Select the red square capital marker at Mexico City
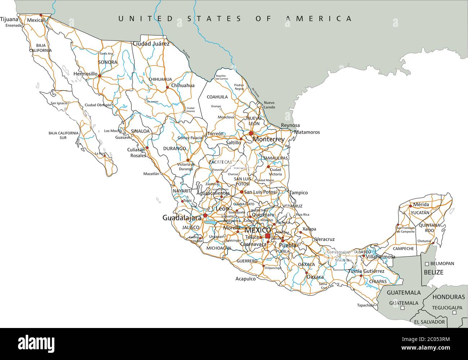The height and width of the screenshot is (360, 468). click(x=267, y=236)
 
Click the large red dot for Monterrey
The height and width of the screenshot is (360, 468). click(x=251, y=133)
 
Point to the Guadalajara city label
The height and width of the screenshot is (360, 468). click(x=182, y=218)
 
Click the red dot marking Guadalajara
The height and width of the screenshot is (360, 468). click(x=205, y=215)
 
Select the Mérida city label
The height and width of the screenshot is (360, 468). click(x=421, y=205)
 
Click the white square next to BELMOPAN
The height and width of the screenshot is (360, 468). click(x=427, y=264)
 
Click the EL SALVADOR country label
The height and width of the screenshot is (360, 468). click(x=429, y=322)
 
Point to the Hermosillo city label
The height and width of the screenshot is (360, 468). click(x=85, y=74)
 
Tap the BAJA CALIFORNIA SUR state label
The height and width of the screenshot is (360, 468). click(x=63, y=135)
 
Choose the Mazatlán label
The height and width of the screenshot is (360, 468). click(x=151, y=174)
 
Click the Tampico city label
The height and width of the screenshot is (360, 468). click(x=298, y=193)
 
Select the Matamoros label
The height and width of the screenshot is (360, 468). click(x=307, y=132)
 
